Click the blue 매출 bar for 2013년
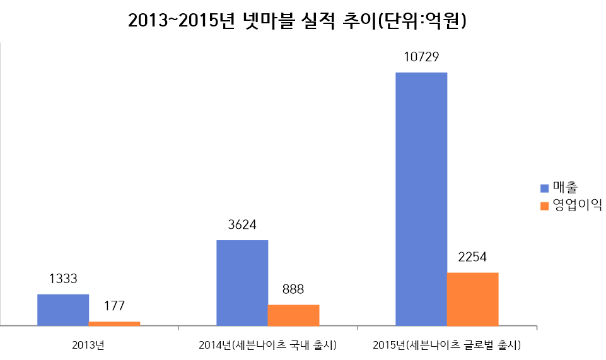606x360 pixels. coord(63,310)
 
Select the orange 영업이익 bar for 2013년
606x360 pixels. coord(114,323)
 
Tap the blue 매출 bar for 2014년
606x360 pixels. coord(242,282)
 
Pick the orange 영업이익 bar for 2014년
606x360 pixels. coord(293,315)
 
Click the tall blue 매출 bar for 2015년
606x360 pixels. coord(421,199)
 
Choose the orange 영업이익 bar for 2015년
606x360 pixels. coord(472,299)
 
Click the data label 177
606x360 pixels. coord(114,306)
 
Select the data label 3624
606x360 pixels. coord(242,225)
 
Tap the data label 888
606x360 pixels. coord(293,289)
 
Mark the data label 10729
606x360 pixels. coord(421,57)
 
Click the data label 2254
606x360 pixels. coord(472,257)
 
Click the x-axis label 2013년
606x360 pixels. coord(88,345)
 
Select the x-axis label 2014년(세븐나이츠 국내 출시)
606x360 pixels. coord(267,345)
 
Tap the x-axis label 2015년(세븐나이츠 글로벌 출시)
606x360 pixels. coord(446,345)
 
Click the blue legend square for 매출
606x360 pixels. coord(544,188)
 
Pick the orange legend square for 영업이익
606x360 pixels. coord(544,206)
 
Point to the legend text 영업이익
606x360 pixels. coord(577,206)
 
